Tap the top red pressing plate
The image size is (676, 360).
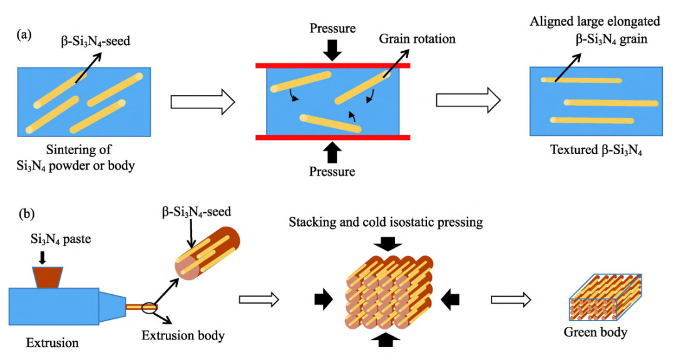pyautogui.click(x=332, y=65)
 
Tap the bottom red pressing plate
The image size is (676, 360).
pyautogui.click(x=332, y=137)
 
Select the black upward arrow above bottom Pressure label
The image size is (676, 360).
pyautogui.click(x=332, y=152)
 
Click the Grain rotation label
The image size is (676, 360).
pyautogui.click(x=417, y=39)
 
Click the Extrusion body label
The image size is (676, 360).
pyautogui.click(x=183, y=336)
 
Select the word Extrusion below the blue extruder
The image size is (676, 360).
pyautogui.click(x=53, y=342)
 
